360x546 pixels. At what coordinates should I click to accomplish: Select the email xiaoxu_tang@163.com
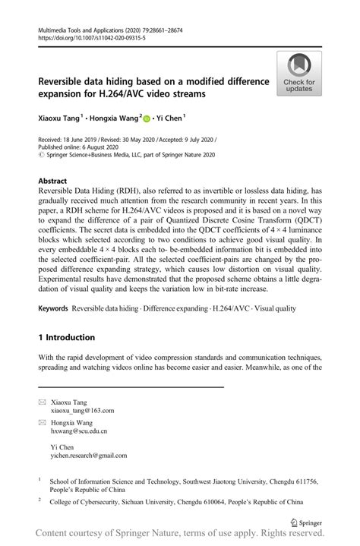(83, 410)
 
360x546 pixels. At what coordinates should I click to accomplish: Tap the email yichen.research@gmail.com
(89, 456)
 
